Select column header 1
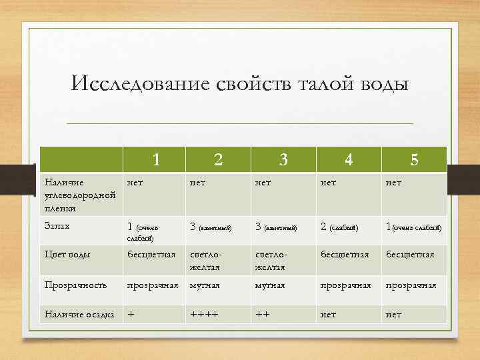(156, 160)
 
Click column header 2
(218, 160)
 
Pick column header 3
(283, 160)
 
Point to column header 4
(348, 160)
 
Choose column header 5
(414, 160)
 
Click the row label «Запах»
(57, 226)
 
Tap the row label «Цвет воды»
(67, 254)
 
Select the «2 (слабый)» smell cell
(339, 227)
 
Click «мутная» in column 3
(269, 285)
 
